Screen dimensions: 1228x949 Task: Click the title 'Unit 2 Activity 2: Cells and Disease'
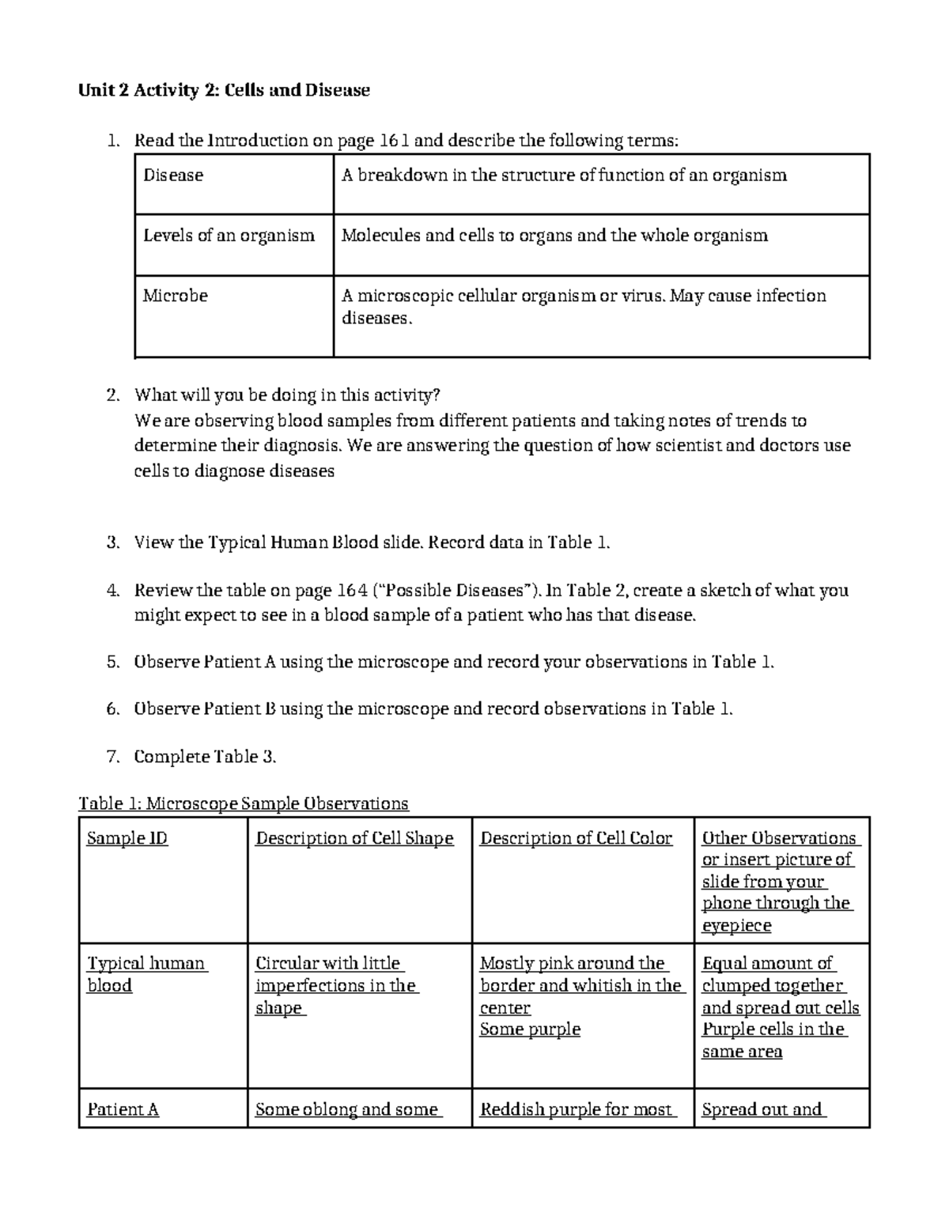[224, 90]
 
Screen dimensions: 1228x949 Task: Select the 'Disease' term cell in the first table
[173, 176]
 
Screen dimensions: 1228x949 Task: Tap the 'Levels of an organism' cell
[229, 236]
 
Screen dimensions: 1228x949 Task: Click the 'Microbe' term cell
[176, 296]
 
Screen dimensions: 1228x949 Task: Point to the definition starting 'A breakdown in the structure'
[563, 176]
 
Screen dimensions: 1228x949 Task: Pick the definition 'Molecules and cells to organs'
[554, 236]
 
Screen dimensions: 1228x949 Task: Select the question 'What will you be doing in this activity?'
[286, 395]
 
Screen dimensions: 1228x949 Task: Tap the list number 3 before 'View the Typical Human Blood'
[112, 542]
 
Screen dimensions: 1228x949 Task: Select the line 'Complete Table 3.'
[205, 757]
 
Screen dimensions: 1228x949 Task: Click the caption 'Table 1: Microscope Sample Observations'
[244, 804]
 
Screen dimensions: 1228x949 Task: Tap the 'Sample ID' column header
[127, 838]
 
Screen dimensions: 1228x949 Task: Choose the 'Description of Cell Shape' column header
[354, 838]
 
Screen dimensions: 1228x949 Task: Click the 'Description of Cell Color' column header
[576, 838]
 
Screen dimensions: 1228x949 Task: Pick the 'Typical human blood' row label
[146, 974]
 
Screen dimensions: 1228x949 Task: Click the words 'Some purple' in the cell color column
[530, 1030]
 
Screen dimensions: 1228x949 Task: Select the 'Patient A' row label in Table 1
[123, 1110]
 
